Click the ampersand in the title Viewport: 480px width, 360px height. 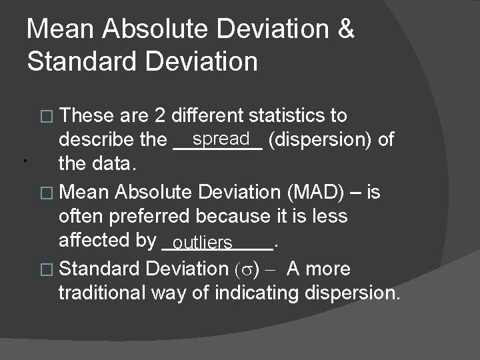point(345,29)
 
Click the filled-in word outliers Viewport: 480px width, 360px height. point(203,241)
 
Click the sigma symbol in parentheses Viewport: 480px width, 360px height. point(247,269)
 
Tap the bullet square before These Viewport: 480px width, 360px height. point(46,117)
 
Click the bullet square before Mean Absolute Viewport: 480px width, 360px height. point(46,193)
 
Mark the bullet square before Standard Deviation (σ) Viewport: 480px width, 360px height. point(46,269)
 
